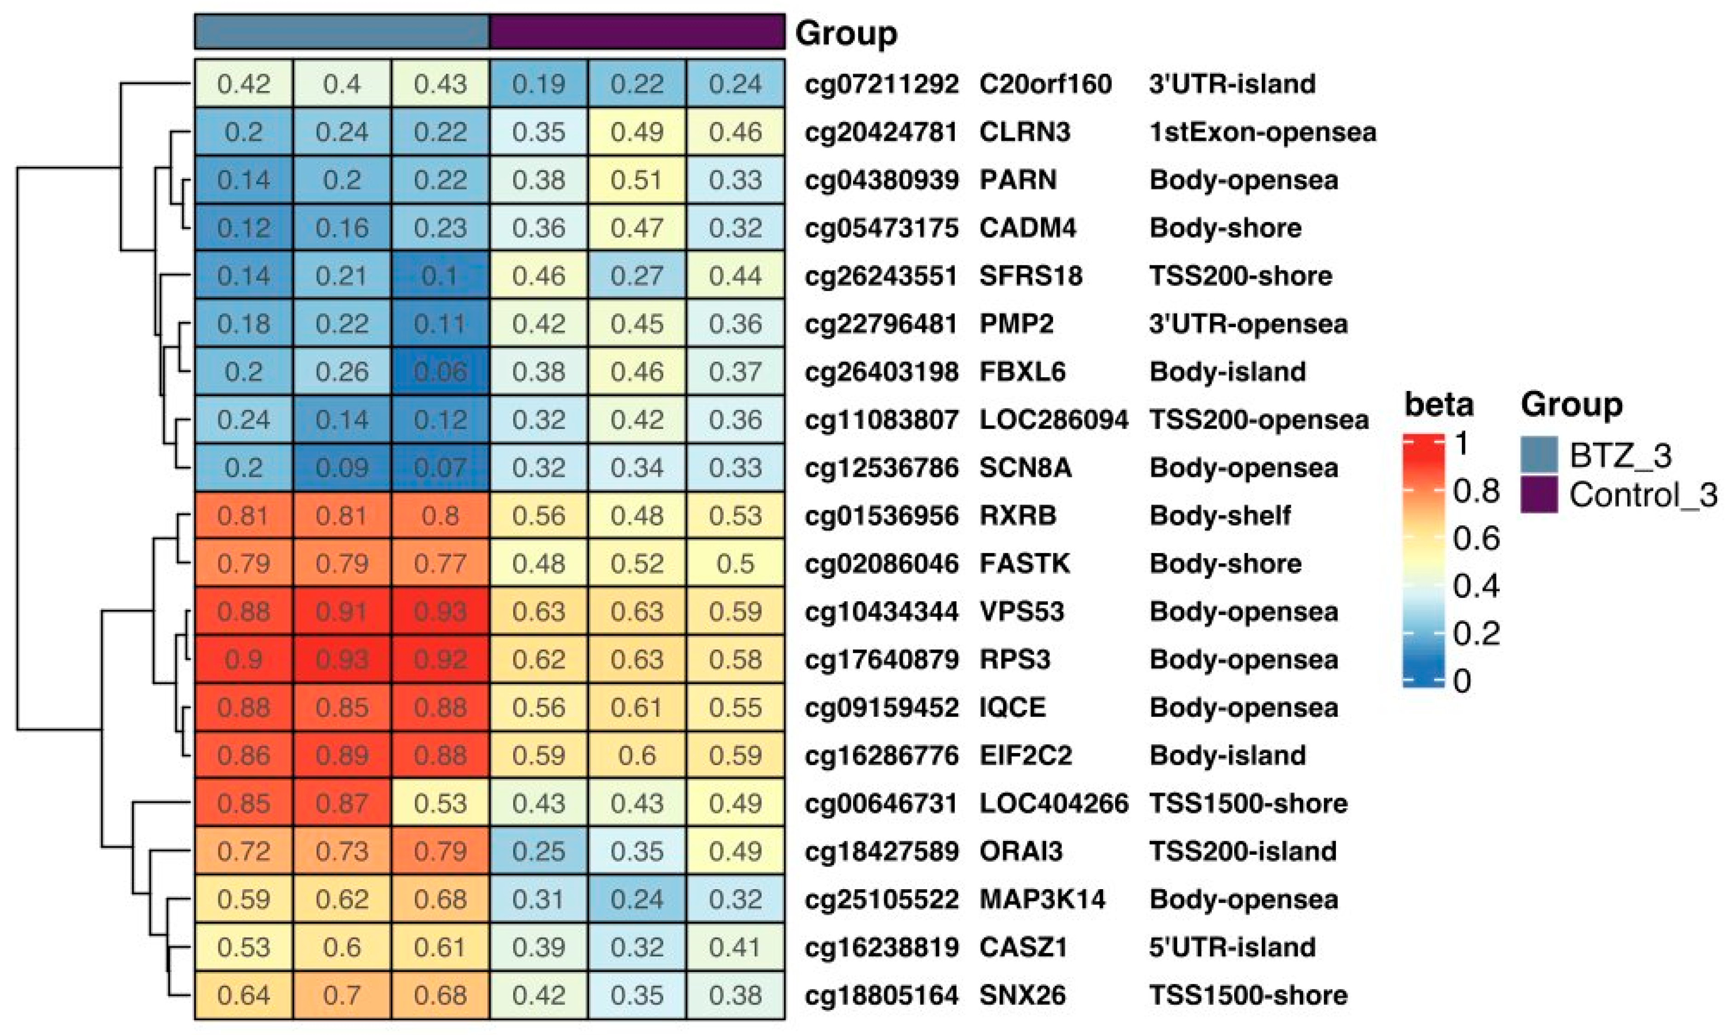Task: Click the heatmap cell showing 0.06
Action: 440,372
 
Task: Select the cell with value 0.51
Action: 636,180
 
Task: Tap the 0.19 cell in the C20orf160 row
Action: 538,84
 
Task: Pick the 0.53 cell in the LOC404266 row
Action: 440,804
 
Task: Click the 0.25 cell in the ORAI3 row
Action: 538,851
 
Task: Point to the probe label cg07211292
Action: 881,84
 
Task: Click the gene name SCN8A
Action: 1025,467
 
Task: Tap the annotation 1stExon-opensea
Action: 1262,132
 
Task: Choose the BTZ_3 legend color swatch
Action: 1539,455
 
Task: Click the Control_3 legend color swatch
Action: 1539,494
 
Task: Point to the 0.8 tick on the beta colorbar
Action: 1475,491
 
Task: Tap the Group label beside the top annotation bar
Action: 846,33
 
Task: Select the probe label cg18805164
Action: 881,995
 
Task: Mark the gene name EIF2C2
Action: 1025,755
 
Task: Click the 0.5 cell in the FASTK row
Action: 735,563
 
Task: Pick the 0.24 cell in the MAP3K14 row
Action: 636,899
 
